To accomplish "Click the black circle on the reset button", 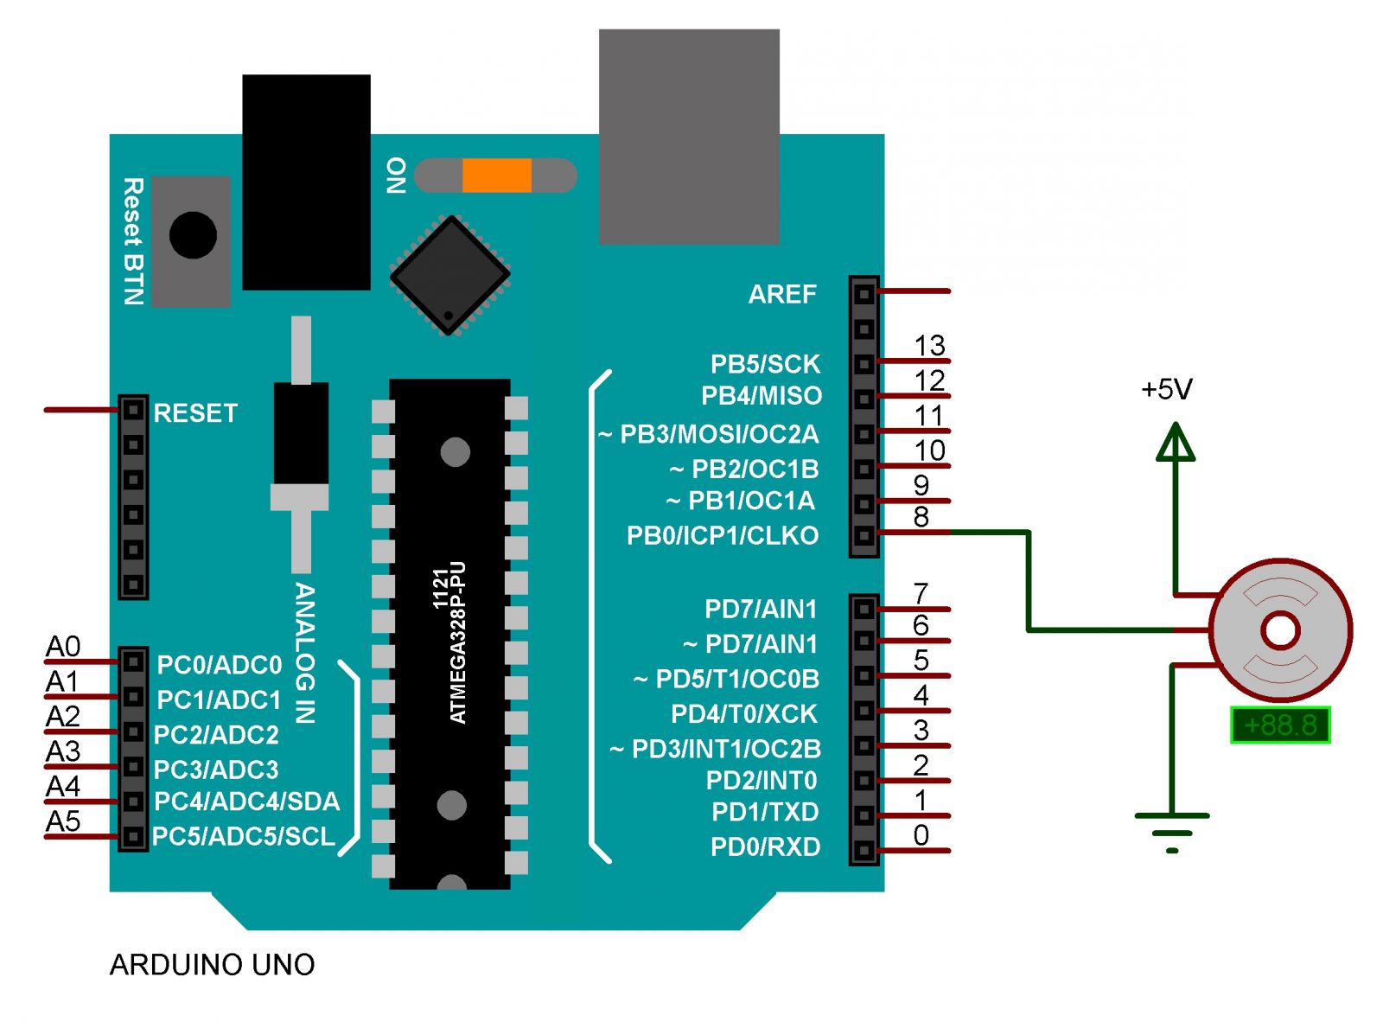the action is pyautogui.click(x=193, y=235).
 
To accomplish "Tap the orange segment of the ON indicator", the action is pyautogui.click(x=496, y=175).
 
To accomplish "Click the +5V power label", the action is pyautogui.click(x=1166, y=389).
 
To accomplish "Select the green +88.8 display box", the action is pyautogui.click(x=1279, y=725).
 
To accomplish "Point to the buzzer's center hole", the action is pyautogui.click(x=1280, y=629).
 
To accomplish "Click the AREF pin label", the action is pyautogui.click(x=782, y=294).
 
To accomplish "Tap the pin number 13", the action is pyautogui.click(x=929, y=345).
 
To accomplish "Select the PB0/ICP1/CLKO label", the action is pyautogui.click(x=722, y=535).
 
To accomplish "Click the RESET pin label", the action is pyautogui.click(x=195, y=413).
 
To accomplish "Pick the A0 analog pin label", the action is pyautogui.click(x=62, y=647).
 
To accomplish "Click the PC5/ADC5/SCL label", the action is pyautogui.click(x=244, y=836).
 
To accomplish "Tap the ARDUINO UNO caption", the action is pyautogui.click(x=212, y=965).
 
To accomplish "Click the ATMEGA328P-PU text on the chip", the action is pyautogui.click(x=458, y=642).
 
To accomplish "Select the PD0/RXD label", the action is pyautogui.click(x=765, y=846).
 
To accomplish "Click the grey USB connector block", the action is pyautogui.click(x=689, y=137).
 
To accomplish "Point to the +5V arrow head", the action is pyautogui.click(x=1175, y=442).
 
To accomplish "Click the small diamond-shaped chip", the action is pyautogui.click(x=449, y=275).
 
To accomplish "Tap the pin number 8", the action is pyautogui.click(x=921, y=516).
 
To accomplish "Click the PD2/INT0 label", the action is pyautogui.click(x=761, y=780).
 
